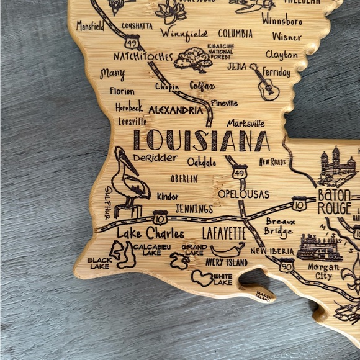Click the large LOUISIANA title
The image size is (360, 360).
pyautogui.click(x=202, y=141)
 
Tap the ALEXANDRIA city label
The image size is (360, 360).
pyautogui.click(x=175, y=110)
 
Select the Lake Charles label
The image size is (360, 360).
pyautogui.click(x=150, y=234)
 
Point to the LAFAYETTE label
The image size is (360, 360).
pyautogui.click(x=224, y=234)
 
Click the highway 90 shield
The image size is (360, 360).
pyautogui.click(x=286, y=266)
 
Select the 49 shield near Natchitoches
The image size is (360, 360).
pyautogui.click(x=131, y=43)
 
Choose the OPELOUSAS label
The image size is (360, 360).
pyautogui.click(x=243, y=194)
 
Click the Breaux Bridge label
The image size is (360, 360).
pyautogui.click(x=279, y=227)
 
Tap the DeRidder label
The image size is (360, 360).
pyautogui.click(x=155, y=158)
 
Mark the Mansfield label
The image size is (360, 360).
pyautogui.click(x=90, y=26)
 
